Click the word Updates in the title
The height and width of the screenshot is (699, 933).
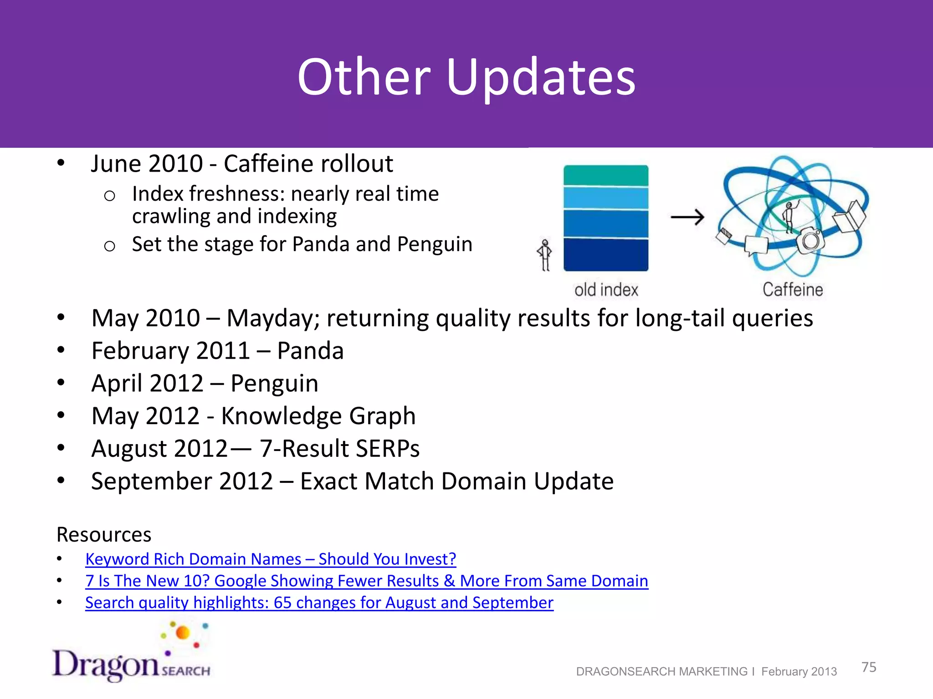(x=541, y=77)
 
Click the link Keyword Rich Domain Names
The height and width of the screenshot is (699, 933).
(x=271, y=559)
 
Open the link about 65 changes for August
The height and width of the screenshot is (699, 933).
(x=319, y=603)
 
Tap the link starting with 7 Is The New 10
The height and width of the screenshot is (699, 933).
(x=366, y=581)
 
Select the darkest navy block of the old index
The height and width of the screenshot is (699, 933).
(x=605, y=255)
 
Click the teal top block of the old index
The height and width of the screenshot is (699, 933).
(x=605, y=175)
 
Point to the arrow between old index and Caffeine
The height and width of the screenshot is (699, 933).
(x=687, y=218)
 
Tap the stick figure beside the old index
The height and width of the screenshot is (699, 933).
(x=544, y=255)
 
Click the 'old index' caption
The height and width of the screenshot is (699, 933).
(x=606, y=290)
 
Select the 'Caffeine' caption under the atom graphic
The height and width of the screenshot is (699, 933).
(x=793, y=290)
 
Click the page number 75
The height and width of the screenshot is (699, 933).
(x=869, y=667)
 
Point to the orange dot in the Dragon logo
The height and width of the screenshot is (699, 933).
(x=183, y=633)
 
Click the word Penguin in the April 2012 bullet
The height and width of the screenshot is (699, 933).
(x=274, y=383)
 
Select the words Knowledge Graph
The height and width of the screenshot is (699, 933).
(x=318, y=416)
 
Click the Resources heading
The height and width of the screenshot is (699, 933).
(x=104, y=535)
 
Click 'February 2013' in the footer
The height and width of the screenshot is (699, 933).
(x=799, y=672)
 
